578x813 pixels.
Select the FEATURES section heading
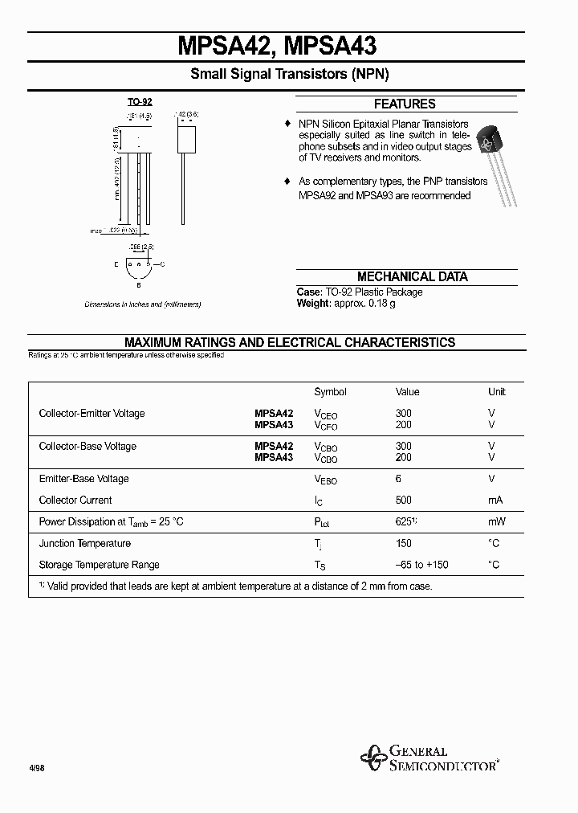405,104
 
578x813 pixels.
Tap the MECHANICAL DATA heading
412,276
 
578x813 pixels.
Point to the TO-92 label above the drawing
140,102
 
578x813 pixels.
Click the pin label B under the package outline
139,284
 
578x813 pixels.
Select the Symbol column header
330,392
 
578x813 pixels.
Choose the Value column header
408,392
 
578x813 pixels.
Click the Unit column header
497,392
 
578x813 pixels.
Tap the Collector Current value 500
403,500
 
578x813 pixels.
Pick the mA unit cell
495,500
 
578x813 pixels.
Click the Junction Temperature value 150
403,543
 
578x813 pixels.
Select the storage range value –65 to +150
421,565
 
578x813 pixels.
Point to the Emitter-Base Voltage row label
83,479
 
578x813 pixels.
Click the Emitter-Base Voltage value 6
398,479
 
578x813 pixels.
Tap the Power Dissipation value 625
405,521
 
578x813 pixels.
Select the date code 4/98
37,768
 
